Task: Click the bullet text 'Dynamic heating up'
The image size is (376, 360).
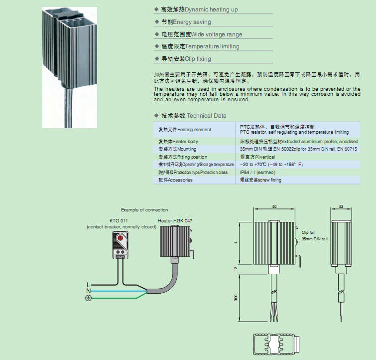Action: point(200,9)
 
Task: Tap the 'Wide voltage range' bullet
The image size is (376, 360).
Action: point(202,34)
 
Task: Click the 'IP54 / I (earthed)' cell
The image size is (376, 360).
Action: point(257,173)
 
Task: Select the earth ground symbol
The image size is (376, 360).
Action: point(89,298)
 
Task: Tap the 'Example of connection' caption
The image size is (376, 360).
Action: point(144,210)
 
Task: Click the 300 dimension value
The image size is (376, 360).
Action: point(236,298)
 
